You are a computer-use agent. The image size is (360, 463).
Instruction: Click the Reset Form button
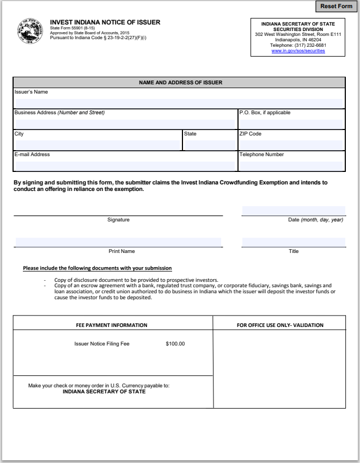tap(336, 7)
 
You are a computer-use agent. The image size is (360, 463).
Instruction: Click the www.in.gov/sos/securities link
tap(298, 51)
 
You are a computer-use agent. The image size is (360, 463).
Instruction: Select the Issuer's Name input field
tap(179, 103)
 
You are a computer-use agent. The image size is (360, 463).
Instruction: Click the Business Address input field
tap(125, 124)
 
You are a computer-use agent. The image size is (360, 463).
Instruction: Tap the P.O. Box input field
tap(291, 124)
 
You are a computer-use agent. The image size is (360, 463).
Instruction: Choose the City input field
tap(97, 145)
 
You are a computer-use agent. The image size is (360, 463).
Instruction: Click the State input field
tap(209, 145)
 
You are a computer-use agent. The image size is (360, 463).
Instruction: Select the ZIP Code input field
tap(291, 145)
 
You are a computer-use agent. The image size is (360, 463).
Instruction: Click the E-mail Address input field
tap(125, 166)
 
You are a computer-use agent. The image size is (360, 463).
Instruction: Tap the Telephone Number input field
tap(291, 166)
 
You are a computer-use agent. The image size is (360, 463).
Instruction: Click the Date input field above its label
tap(294, 211)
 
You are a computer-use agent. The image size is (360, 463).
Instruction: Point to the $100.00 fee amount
tap(175, 344)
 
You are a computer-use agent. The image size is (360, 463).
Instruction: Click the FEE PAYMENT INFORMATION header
tap(111, 325)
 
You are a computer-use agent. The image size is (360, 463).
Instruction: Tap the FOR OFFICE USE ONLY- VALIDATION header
tap(280, 325)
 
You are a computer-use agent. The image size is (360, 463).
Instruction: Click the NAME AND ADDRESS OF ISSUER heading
tap(180, 83)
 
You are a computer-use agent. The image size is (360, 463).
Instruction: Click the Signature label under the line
tap(118, 220)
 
